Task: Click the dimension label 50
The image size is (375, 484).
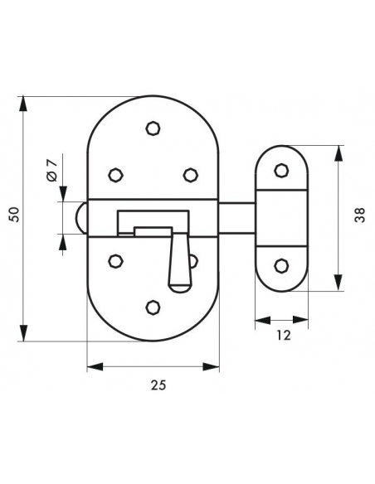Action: click(14, 214)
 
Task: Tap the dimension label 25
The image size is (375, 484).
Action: click(158, 385)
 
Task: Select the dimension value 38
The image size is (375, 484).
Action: click(360, 215)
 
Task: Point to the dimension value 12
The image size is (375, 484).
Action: click(283, 335)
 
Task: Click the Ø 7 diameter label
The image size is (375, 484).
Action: click(52, 170)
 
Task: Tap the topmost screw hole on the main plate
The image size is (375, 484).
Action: click(153, 128)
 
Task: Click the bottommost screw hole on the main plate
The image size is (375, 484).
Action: click(153, 307)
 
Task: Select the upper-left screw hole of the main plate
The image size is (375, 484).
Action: click(116, 175)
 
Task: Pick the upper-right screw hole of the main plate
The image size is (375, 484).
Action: click(190, 175)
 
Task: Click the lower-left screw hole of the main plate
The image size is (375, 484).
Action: click(116, 261)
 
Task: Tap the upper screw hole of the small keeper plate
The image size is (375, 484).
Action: click(281, 171)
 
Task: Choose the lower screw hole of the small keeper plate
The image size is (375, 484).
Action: click(281, 266)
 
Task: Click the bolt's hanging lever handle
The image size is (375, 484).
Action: click(179, 263)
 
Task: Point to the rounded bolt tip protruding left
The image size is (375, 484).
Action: click(81, 218)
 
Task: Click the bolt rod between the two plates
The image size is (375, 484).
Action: click(237, 218)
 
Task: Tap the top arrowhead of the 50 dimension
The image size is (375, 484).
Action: click(23, 104)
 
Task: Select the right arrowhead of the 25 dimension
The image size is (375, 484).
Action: click(212, 366)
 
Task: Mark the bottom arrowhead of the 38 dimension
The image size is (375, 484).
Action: click(339, 283)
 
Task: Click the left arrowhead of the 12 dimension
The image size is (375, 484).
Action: click(262, 320)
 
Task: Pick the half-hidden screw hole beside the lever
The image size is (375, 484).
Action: click(194, 261)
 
